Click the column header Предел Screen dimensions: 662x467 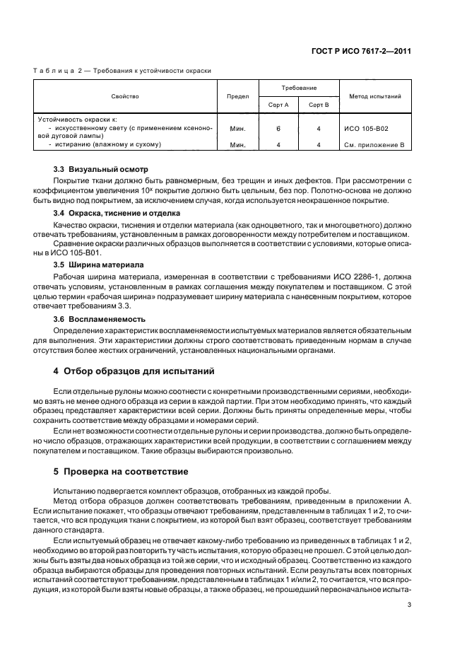pyautogui.click(x=237, y=95)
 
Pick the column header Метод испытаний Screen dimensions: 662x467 pyautogui.click(x=373, y=95)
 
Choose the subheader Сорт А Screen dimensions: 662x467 pyautogui.click(x=278, y=104)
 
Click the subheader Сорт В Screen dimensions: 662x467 pyautogui.click(x=319, y=104)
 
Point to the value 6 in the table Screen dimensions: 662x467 pyautogui.click(x=278, y=129)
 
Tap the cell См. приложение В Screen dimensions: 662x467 pyautogui.click(x=374, y=144)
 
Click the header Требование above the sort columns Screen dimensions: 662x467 pyautogui.click(x=299, y=88)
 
